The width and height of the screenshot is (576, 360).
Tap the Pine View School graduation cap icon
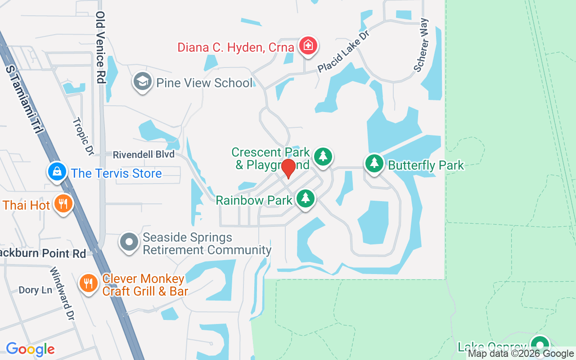tap(143, 82)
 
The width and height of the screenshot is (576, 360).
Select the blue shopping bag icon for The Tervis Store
tap(57, 172)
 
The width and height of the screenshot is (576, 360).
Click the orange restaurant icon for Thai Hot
tap(63, 204)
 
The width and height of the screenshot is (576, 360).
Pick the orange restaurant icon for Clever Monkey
tap(89, 283)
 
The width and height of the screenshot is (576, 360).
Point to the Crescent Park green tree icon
tap(323, 157)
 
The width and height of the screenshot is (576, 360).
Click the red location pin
tap(288, 168)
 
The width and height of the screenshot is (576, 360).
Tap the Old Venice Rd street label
tap(100, 47)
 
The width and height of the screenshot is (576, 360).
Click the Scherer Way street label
tap(421, 45)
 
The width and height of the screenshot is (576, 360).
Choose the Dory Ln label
tap(35, 290)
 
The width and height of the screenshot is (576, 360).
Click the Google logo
tap(30, 349)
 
